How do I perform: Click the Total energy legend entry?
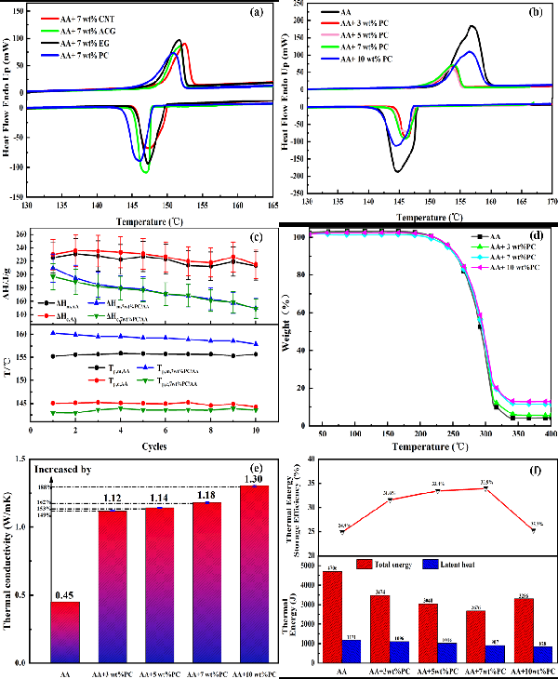384,564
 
